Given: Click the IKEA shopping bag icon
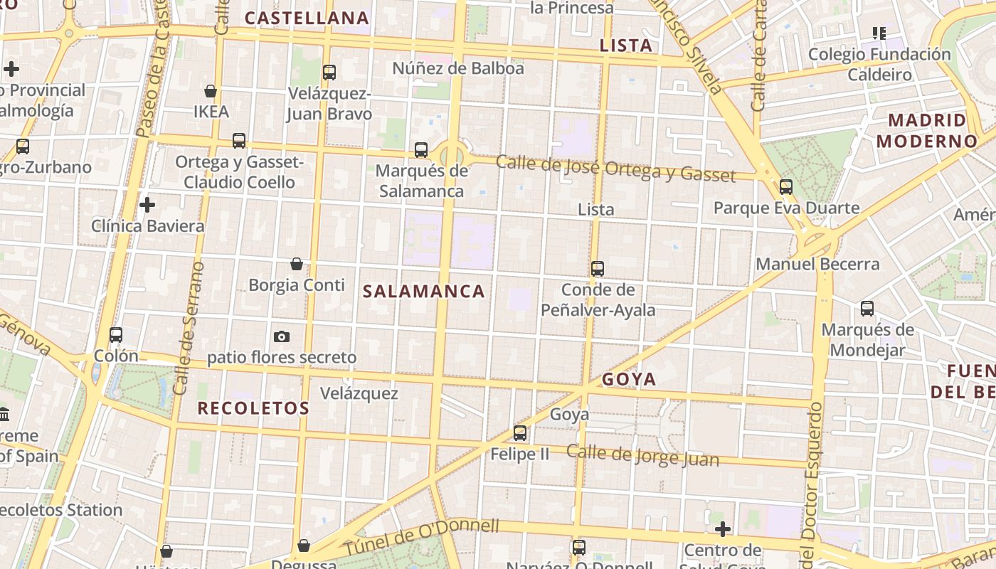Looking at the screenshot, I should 211,91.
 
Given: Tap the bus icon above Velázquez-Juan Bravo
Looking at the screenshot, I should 329,72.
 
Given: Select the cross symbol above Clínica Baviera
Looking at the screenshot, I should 147,205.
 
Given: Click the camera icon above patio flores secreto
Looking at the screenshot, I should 282,336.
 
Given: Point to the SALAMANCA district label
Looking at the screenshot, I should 424,291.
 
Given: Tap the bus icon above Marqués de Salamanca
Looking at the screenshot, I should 421,150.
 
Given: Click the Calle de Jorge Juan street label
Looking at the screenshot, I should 642,456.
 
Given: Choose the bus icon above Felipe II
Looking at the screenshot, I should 520,432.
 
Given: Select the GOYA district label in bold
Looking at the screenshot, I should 629,379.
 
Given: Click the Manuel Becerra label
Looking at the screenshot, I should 817,264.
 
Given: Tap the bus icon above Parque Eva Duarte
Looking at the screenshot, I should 786,187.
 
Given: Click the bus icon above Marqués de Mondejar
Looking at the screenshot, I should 867,309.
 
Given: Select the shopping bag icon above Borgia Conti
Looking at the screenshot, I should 297,265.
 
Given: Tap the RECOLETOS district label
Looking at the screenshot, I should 253,408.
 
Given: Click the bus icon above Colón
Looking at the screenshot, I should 116,334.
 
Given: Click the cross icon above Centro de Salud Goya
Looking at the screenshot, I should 723,529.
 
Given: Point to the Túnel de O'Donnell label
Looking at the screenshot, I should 422,538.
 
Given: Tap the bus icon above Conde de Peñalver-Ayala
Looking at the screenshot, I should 598,269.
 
